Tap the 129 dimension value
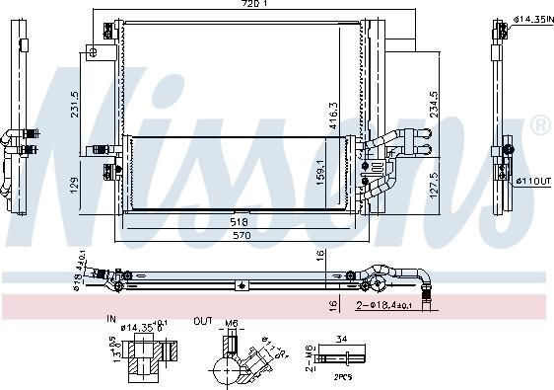click(76, 185)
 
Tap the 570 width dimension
click(236, 238)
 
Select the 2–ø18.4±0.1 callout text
click(385, 307)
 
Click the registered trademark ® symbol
click(540, 125)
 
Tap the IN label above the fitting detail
click(111, 320)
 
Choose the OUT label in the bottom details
click(201, 320)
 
